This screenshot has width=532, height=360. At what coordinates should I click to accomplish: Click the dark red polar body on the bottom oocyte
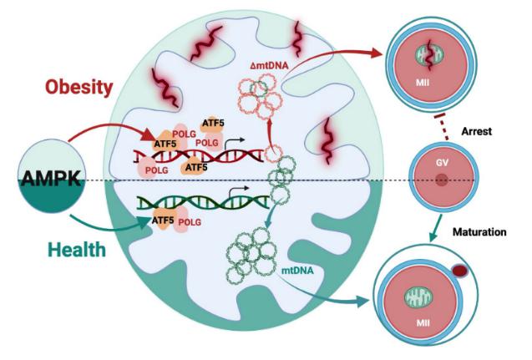coord(459,271)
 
